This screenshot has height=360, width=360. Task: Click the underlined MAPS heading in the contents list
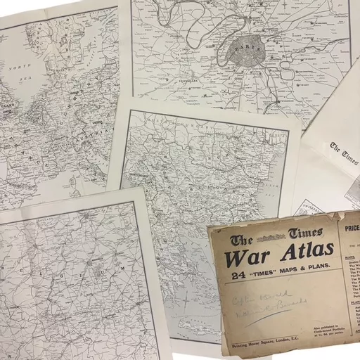pos(350,257)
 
